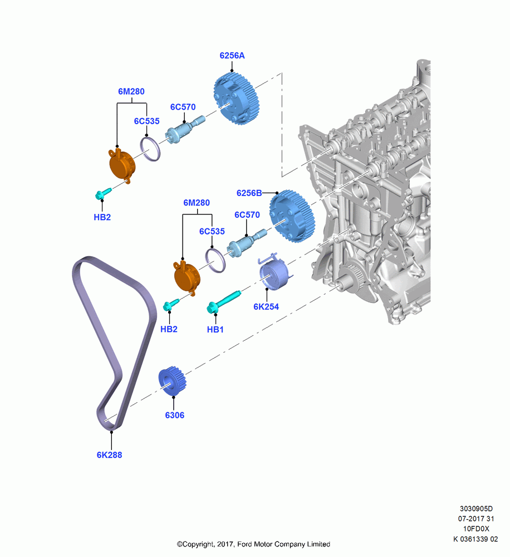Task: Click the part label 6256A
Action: [x=232, y=55]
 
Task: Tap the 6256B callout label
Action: [x=249, y=193]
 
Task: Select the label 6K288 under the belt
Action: [x=109, y=455]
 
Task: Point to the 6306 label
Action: [x=174, y=415]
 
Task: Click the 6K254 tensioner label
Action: [x=266, y=306]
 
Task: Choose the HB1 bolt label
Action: [x=215, y=329]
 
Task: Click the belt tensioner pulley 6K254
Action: [x=274, y=273]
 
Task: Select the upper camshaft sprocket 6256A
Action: [x=236, y=99]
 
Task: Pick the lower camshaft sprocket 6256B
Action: [x=292, y=216]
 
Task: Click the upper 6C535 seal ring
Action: [x=150, y=149]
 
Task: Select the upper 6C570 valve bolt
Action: [x=185, y=130]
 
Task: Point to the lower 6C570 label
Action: [x=247, y=214]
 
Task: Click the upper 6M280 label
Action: [x=131, y=91]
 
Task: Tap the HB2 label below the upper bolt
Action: [x=102, y=217]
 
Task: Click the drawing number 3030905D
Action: [x=476, y=509]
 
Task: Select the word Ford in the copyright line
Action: [x=244, y=544]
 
